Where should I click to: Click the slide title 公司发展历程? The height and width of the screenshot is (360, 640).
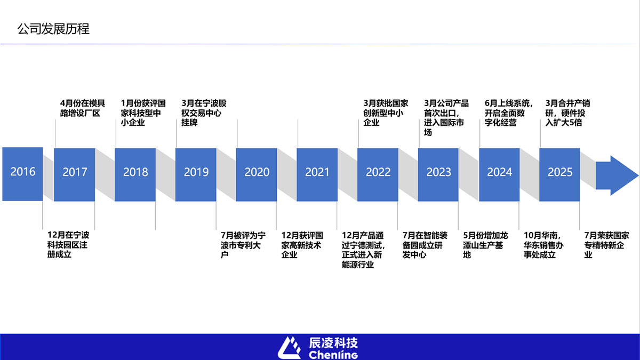coord(53,29)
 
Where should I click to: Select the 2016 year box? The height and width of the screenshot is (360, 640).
coord(22,174)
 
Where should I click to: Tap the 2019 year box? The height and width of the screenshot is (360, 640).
coord(196,174)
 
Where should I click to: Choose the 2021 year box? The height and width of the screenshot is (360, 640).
coord(317,174)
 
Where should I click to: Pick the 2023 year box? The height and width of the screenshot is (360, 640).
coord(438,174)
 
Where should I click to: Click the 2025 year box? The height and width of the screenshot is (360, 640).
coord(559,174)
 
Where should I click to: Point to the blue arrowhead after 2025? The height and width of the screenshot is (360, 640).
coord(617,175)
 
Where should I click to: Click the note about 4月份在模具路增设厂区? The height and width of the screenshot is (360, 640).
coord(82,108)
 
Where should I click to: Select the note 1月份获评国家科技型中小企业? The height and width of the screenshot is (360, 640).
coord(143,113)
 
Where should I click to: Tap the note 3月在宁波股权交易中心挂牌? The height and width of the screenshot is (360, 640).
coord(204,113)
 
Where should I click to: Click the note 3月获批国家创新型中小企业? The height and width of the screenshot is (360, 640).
coord(386,113)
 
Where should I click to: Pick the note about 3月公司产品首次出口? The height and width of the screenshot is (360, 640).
coord(446,118)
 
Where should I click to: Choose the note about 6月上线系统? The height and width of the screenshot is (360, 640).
coord(509,113)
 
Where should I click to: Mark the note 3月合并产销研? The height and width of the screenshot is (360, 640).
coord(567,113)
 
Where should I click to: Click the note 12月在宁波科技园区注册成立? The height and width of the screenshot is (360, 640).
coord(68,245)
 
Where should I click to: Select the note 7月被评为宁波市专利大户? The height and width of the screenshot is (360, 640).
coord(243,245)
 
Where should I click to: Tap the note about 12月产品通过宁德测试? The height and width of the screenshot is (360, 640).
coord(363,250)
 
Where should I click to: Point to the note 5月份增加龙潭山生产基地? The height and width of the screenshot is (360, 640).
coord(485,245)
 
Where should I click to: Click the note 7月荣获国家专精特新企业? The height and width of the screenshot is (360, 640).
coord(606,245)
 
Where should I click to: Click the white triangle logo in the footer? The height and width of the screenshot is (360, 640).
coord(289,348)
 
